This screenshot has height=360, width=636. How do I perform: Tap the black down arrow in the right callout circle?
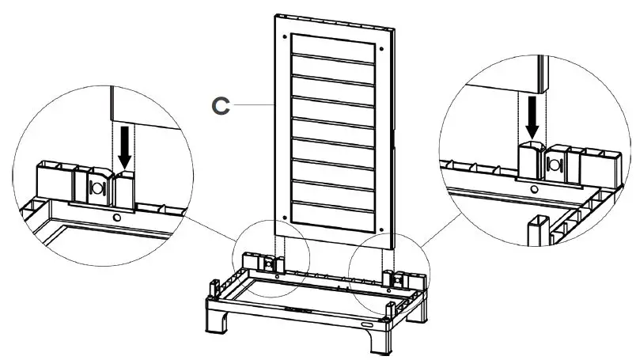[x=532, y=117]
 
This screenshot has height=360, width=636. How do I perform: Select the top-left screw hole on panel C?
[x=284, y=36]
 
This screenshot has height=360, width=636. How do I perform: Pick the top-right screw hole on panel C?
[x=383, y=48]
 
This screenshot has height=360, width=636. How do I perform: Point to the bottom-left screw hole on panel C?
[x=284, y=218]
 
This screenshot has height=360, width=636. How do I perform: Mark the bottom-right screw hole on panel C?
[x=382, y=230]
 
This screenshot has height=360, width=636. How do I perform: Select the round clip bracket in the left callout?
[x=98, y=188]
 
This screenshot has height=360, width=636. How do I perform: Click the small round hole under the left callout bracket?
[x=117, y=216]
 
